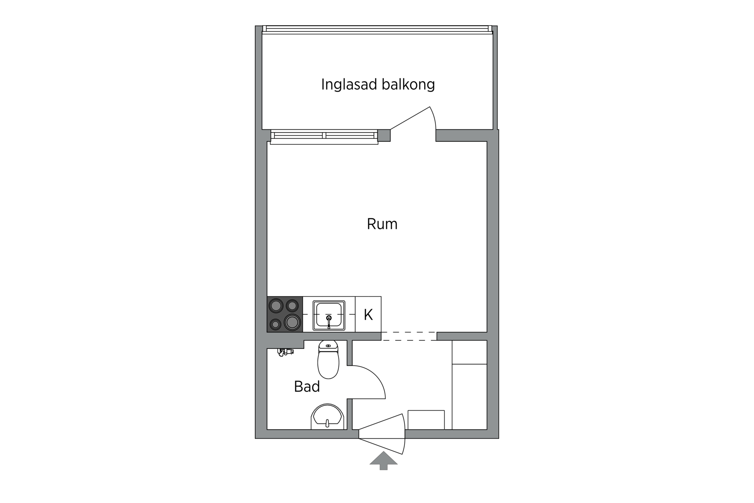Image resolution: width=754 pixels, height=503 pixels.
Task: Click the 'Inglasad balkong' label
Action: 378,84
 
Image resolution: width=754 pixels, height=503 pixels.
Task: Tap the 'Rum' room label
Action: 382,224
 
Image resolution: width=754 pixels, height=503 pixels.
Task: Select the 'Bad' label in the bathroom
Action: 307,387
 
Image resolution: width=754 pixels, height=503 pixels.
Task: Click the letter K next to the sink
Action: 368,314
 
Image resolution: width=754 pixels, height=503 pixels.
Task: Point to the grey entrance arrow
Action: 383,460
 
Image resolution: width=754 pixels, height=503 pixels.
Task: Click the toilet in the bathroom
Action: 328,363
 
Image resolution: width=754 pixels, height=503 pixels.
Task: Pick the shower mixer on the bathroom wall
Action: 285,352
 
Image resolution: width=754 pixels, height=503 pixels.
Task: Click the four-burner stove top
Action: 285,314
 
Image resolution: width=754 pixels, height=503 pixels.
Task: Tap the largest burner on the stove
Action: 292,323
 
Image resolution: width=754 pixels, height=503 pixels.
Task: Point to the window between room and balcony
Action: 324,136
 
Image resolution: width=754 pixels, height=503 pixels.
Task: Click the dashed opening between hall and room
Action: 409,336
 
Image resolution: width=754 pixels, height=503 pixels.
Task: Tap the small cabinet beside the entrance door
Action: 426,420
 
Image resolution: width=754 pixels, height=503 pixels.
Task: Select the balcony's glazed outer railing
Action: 377,29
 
